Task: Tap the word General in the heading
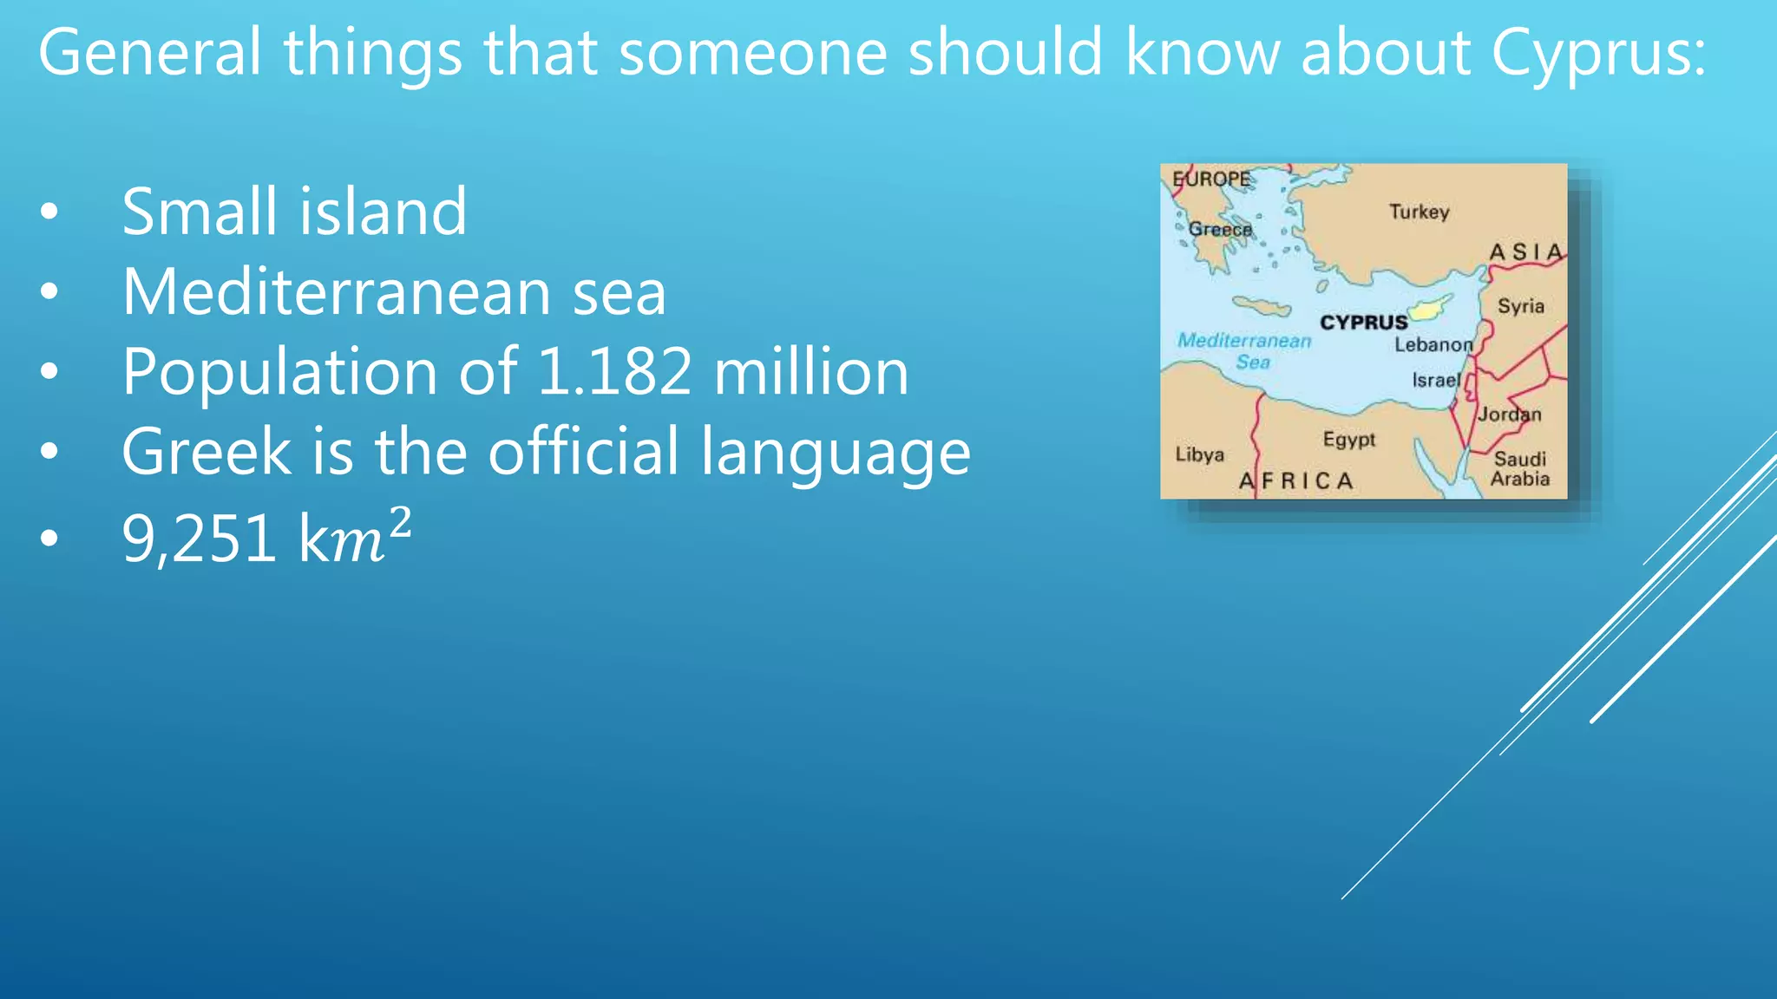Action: pos(149,52)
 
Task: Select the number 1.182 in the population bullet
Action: pos(614,372)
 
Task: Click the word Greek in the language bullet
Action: pos(207,452)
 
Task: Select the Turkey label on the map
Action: pos(1419,212)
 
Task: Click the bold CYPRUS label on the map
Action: pos(1363,323)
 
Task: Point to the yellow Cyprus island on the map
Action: pos(1428,308)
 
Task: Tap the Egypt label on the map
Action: pos(1349,440)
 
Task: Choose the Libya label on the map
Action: pos(1199,454)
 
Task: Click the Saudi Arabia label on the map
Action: pos(1520,468)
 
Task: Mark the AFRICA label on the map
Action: pos(1296,481)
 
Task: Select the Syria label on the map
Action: pos(1520,306)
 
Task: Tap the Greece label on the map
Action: pos(1220,230)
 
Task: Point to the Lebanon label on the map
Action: pos(1433,345)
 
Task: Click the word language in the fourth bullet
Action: pos(835,452)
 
